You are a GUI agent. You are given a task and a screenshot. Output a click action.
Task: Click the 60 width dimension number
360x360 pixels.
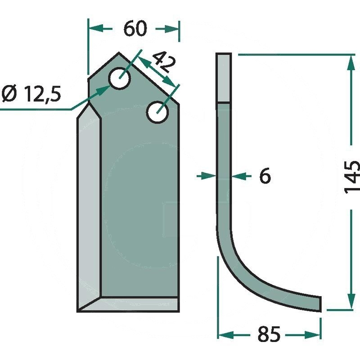[135, 29]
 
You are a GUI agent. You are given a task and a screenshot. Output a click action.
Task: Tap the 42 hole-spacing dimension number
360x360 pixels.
[164, 62]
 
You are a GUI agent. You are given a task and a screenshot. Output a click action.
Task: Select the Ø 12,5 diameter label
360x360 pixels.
[31, 94]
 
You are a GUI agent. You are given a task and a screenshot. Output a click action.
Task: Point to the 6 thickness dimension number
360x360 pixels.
[265, 176]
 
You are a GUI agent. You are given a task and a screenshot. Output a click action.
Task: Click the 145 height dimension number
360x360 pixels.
[352, 177]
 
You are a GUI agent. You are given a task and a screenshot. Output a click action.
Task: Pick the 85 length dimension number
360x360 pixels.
[269, 334]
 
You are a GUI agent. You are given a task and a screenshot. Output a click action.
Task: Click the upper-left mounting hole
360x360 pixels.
[119, 78]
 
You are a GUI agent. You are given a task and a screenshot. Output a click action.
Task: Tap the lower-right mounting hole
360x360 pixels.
[157, 112]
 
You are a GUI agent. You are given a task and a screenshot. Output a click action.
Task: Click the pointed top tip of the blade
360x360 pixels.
[119, 53]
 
